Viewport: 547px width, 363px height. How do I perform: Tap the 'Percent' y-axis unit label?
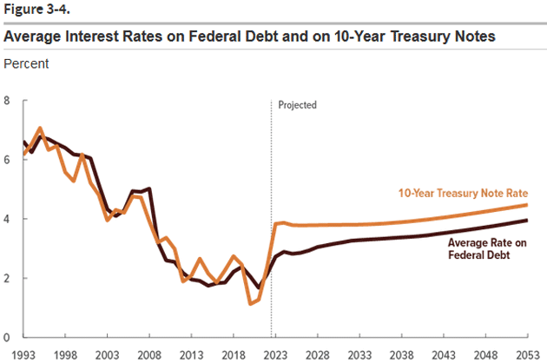(x=27, y=64)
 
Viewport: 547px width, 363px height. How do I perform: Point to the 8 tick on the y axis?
(x=8, y=101)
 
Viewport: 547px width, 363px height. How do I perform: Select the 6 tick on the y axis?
(x=8, y=160)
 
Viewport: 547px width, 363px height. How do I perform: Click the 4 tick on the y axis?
(x=8, y=219)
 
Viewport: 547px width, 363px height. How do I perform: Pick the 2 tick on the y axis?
(x=8, y=278)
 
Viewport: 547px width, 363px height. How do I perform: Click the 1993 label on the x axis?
(x=23, y=354)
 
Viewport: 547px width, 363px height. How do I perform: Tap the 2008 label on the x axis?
(x=148, y=354)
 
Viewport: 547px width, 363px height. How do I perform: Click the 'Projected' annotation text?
(x=298, y=105)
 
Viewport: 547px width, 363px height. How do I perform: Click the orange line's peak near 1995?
(x=40, y=129)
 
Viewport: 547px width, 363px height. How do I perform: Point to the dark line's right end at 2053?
(x=527, y=221)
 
